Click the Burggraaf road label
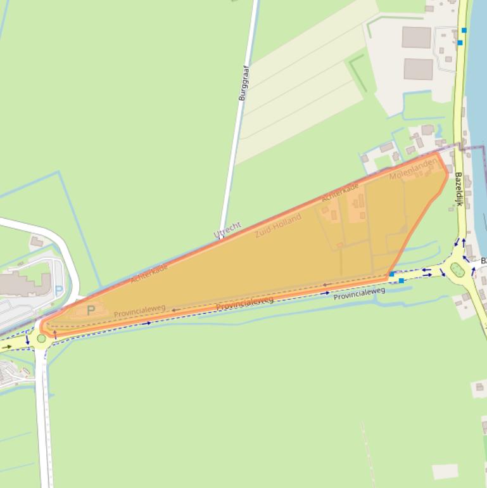[x=243, y=82]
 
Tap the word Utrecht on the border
[x=227, y=230]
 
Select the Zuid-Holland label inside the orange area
[x=278, y=226]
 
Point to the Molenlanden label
[x=413, y=169]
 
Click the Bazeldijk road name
[x=459, y=189]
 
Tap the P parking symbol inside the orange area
[x=91, y=311]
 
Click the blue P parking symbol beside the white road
[x=60, y=290]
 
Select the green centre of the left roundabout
[x=42, y=338]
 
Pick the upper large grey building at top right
[x=417, y=37]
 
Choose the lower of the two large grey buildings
[x=418, y=69]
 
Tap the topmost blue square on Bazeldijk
[x=464, y=30]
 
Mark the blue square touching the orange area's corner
[x=393, y=274]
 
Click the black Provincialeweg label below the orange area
[x=359, y=293]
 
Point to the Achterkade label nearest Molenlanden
[x=340, y=191]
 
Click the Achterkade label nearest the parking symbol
[x=149, y=273]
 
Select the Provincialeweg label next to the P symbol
[x=139, y=311]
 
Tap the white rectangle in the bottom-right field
[x=445, y=471]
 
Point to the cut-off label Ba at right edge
[x=483, y=261]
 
